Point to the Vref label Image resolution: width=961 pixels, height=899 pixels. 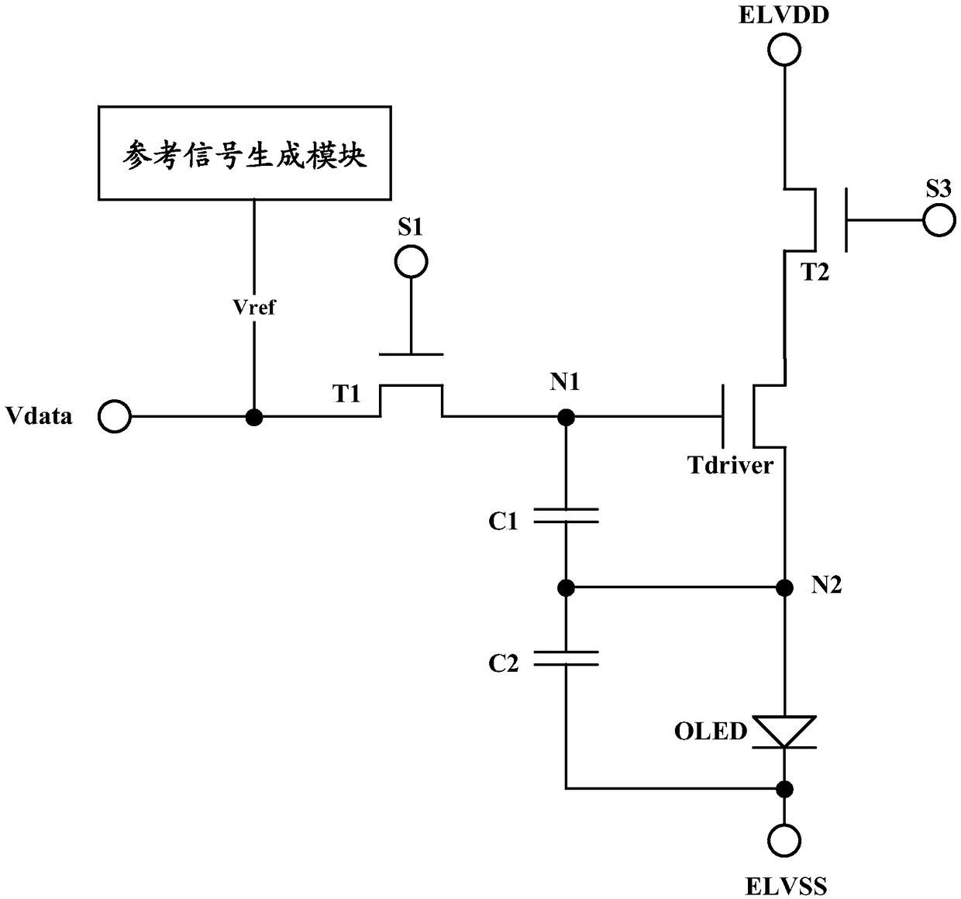point(254,308)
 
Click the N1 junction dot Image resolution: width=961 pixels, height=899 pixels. point(566,416)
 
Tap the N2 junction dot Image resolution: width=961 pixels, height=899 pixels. point(784,587)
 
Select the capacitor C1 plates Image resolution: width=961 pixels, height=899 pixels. point(566,515)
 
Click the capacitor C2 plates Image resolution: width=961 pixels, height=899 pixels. point(566,658)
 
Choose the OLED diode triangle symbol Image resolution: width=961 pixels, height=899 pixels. point(784,732)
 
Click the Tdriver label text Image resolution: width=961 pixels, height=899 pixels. point(730,466)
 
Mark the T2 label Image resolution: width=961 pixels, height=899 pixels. point(815,273)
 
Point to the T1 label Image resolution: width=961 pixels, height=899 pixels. point(346,394)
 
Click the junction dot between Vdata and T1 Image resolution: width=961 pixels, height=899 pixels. point(254,416)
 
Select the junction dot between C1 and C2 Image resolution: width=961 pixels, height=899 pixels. point(566,587)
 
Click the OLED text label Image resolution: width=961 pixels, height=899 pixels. point(711,732)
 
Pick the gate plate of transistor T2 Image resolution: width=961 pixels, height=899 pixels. point(846,220)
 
